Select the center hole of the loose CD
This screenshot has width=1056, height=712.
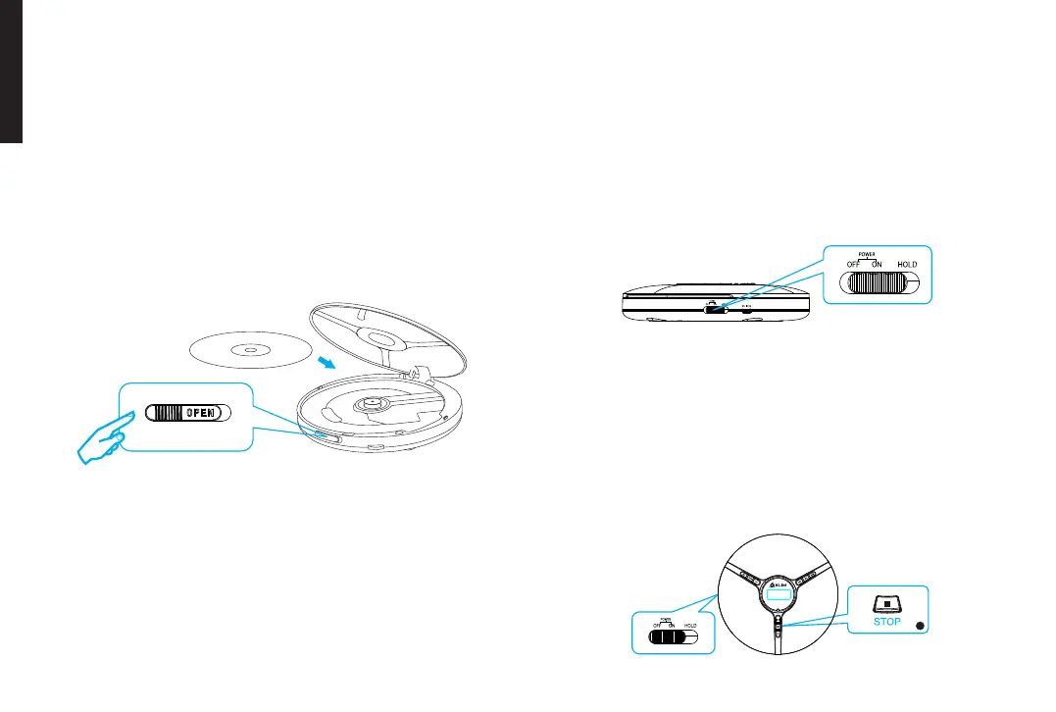[246, 348]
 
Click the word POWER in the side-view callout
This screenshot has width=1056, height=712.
[867, 254]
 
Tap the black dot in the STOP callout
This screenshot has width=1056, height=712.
[918, 626]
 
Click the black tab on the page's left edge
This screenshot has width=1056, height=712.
[11, 74]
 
